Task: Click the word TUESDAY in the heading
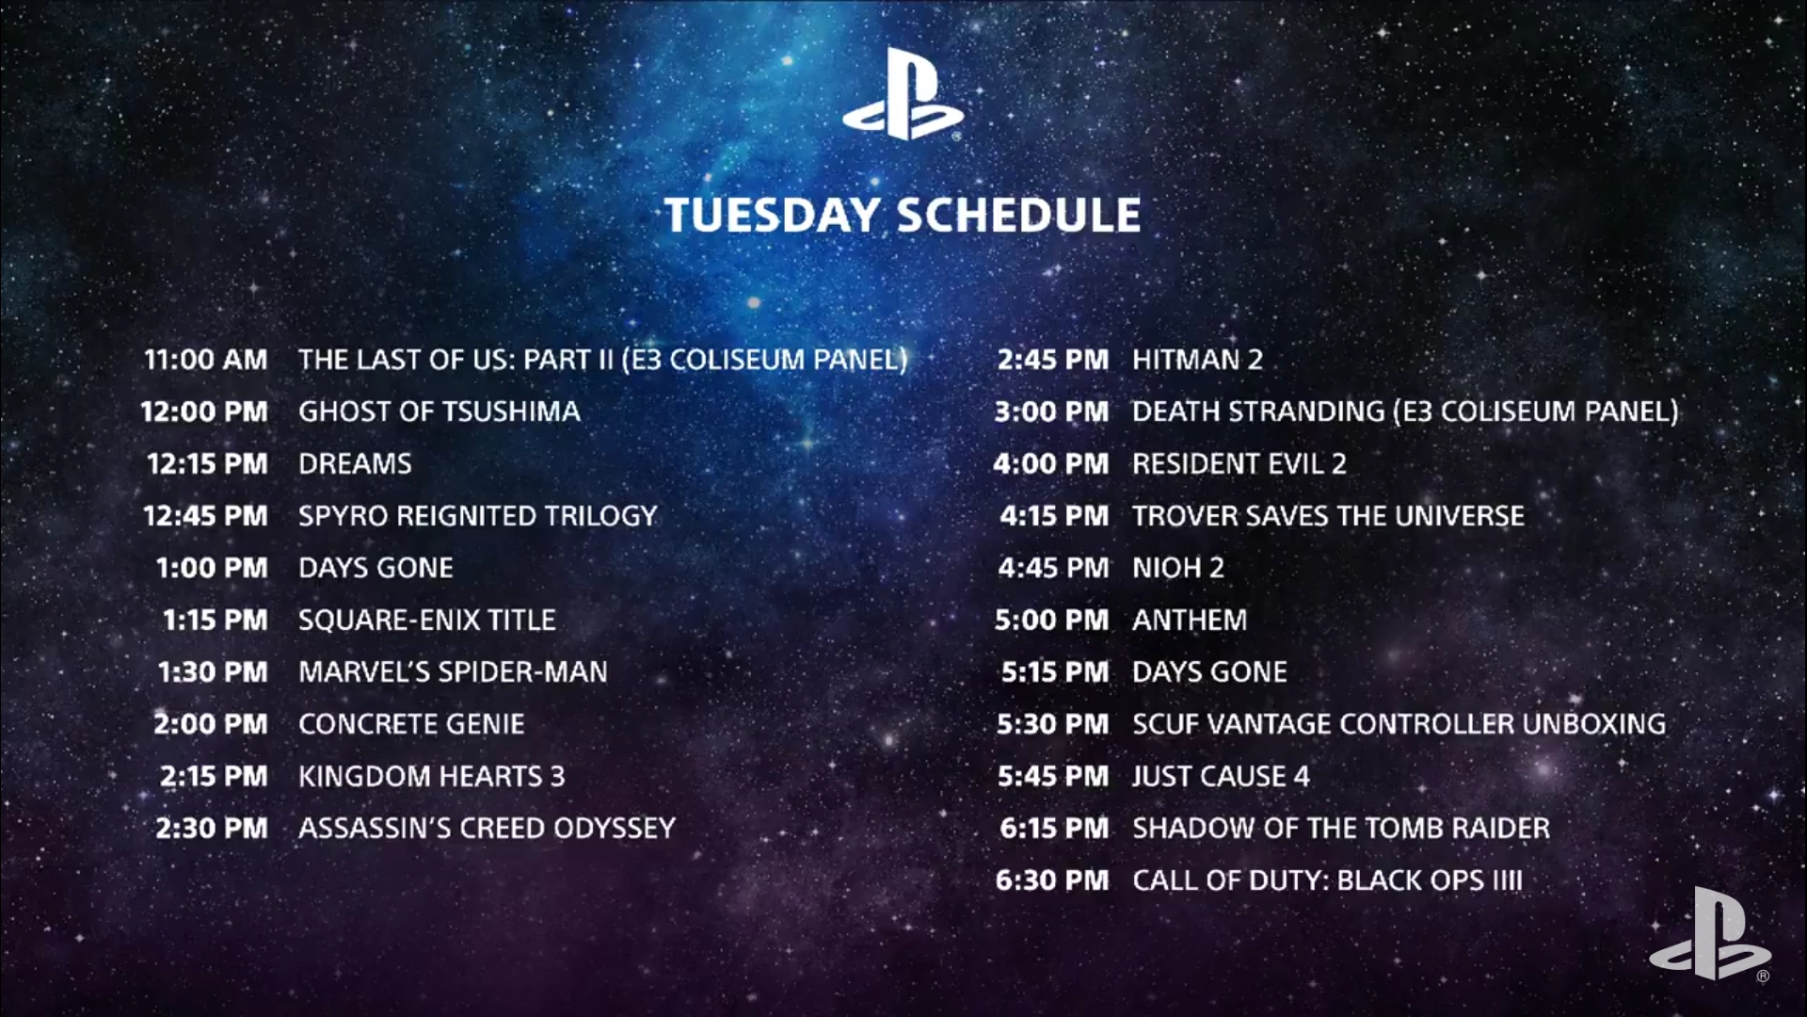tap(772, 215)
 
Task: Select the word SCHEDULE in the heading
tap(1018, 215)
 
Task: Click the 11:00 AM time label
tap(206, 360)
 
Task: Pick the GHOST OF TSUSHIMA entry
tap(440, 412)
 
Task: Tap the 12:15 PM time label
tap(207, 464)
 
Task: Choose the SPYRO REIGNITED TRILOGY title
tap(478, 516)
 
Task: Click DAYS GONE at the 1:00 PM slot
tap(376, 568)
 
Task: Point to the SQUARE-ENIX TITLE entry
tap(427, 620)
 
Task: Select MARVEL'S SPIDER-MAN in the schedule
tap(453, 671)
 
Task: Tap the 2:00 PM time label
tap(211, 724)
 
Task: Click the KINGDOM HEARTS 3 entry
tap(432, 776)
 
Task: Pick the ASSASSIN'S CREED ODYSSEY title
tap(487, 828)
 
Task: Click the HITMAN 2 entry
tap(1197, 360)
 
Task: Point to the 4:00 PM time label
tap(1051, 464)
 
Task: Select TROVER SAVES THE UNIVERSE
tap(1328, 516)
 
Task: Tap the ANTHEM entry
tap(1190, 620)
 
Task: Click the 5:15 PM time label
tap(1055, 672)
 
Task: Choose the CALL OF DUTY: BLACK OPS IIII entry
tap(1327, 880)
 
